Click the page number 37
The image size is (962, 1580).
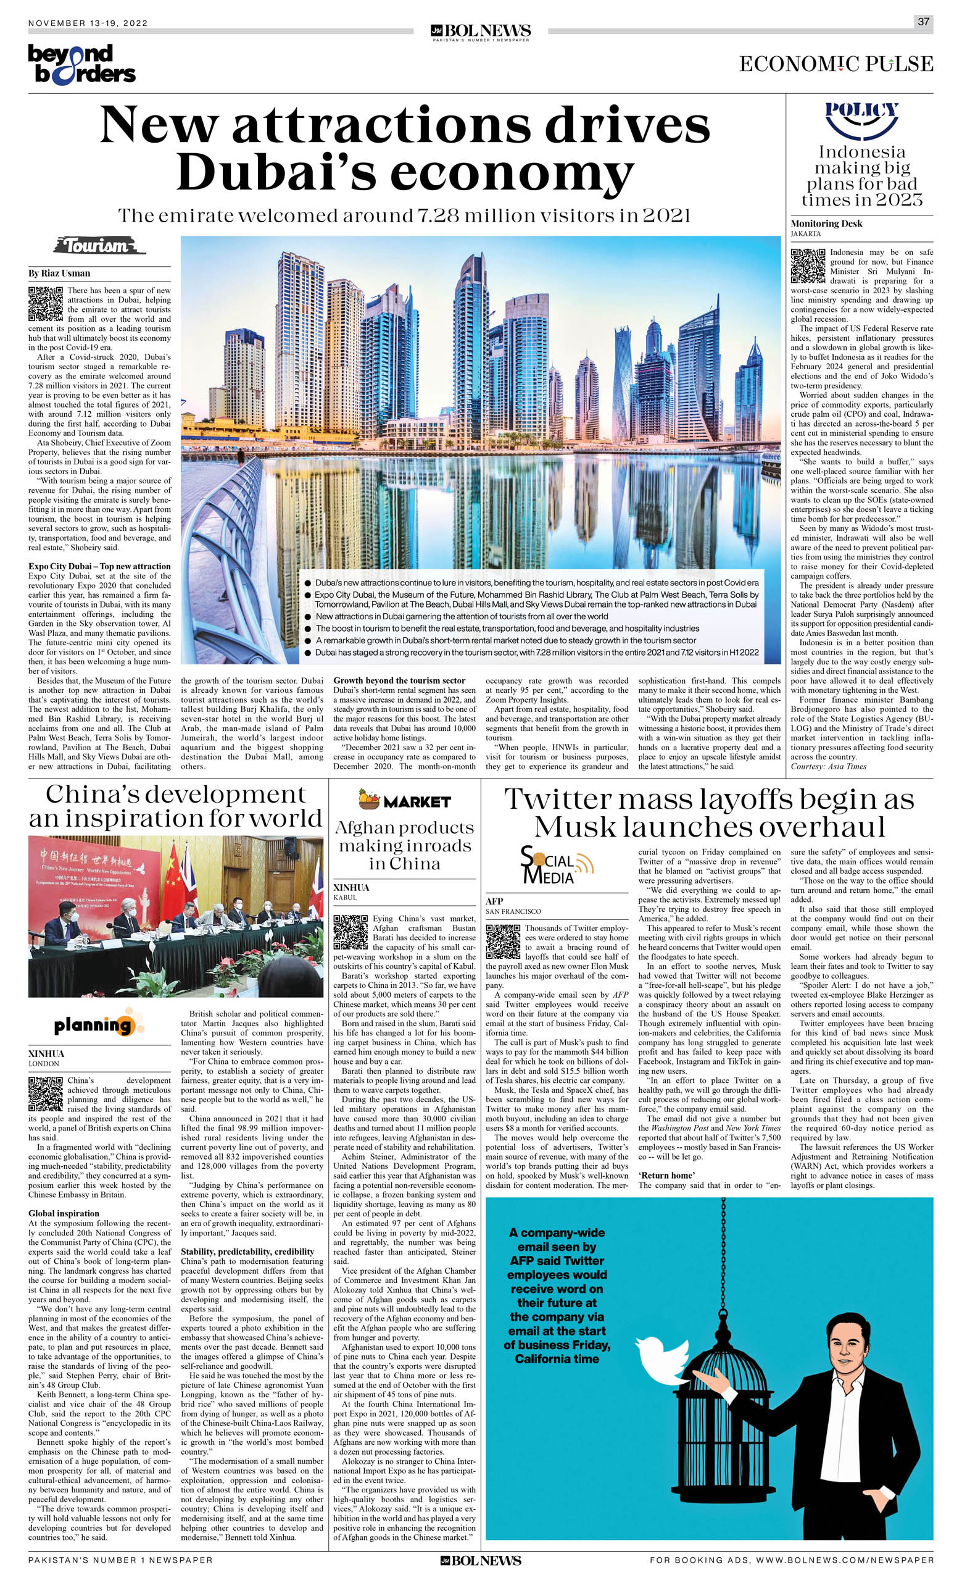coord(923,22)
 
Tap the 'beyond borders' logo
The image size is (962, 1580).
coord(81,64)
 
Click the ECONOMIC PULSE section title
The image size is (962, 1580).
coord(836,64)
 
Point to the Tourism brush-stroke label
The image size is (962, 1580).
coord(99,246)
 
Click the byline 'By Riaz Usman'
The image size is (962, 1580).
coord(59,273)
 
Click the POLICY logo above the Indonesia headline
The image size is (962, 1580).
coord(861,119)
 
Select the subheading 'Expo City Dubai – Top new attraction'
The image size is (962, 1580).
coord(99,566)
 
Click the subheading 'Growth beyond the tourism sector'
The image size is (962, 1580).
coord(399,680)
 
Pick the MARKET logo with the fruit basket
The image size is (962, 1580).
coord(404,800)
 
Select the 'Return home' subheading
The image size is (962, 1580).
coord(666,1176)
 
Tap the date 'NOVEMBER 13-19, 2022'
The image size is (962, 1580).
coord(88,23)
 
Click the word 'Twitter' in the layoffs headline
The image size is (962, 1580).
coord(557,800)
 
